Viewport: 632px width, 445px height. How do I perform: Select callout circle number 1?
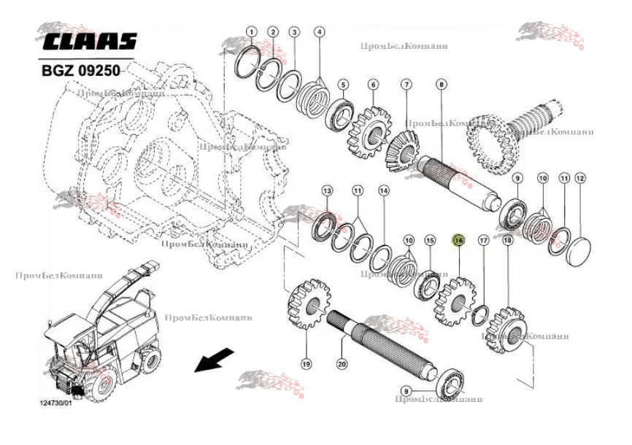251,32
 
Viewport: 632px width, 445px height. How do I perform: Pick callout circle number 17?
483,239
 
